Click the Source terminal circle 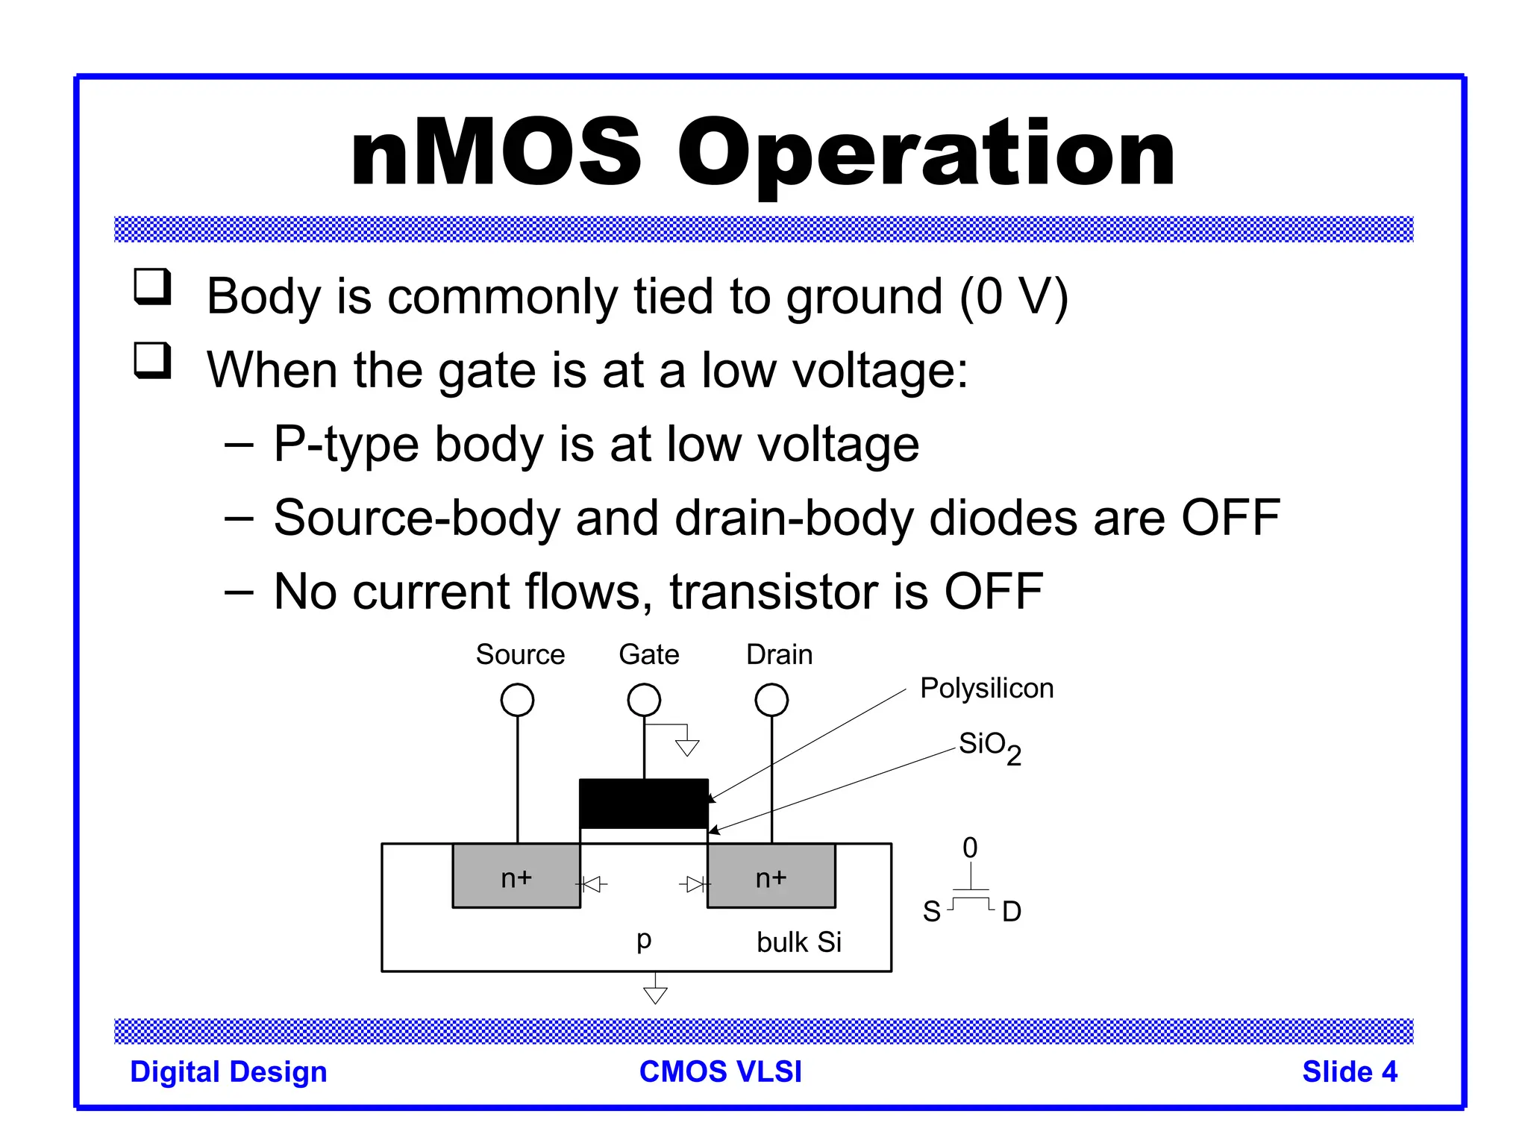pos(517,700)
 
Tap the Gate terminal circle pos(644,700)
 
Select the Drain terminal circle pos(771,700)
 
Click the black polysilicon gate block pos(644,802)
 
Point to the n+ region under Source pos(516,877)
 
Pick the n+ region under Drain pos(771,877)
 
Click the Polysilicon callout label pos(986,688)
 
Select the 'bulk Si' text pos(798,942)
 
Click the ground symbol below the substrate pos(655,994)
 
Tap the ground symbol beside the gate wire pos(687,746)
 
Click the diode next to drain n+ pos(695,885)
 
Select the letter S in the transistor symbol pos(932,912)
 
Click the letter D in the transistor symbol pos(1011,912)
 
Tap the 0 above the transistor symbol pos(970,848)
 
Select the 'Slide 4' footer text pos(1349,1071)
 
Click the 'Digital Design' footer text pos(228,1071)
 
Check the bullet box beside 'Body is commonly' pos(152,286)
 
